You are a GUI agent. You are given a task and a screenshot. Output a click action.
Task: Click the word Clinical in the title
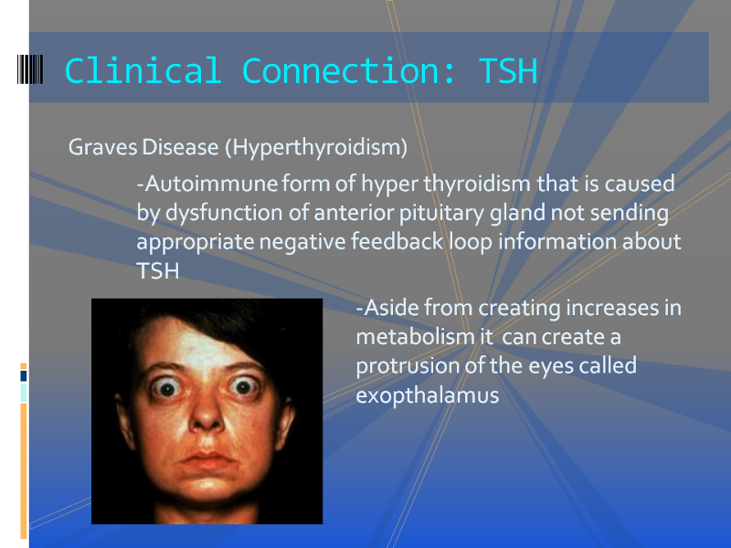(x=143, y=71)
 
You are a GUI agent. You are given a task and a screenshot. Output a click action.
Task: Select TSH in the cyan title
(x=508, y=71)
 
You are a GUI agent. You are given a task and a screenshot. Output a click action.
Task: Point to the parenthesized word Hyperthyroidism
(x=316, y=148)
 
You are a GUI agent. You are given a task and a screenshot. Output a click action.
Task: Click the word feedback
(x=397, y=241)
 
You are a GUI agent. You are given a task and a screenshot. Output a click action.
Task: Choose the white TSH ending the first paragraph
(x=158, y=271)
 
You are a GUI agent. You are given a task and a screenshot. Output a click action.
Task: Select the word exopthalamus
(x=428, y=396)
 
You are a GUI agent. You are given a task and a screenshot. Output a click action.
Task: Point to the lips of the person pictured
(x=207, y=460)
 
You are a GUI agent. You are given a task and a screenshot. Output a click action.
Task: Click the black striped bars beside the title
(x=30, y=69)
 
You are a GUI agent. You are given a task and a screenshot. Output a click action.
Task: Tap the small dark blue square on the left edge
(x=24, y=375)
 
